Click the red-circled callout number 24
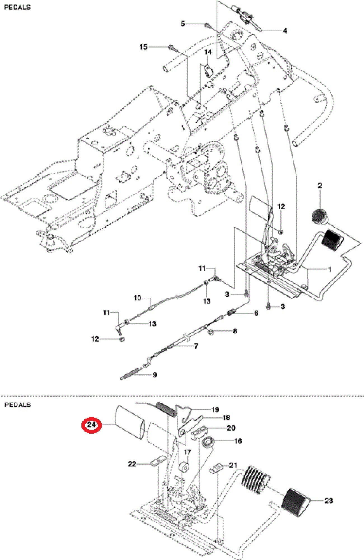click(x=91, y=425)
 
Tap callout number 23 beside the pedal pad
click(x=328, y=500)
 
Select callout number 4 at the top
click(x=285, y=31)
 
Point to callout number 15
click(x=143, y=47)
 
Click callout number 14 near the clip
click(x=208, y=52)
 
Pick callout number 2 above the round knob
click(x=320, y=185)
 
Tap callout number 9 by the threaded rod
click(x=154, y=375)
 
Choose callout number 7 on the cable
click(x=196, y=346)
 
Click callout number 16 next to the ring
click(x=238, y=441)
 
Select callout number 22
click(x=132, y=464)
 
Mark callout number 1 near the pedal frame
click(x=330, y=269)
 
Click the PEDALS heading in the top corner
click(x=17, y=7)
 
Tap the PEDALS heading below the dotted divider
click(x=18, y=405)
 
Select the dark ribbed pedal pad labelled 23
click(x=295, y=502)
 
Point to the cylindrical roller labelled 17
click(x=184, y=467)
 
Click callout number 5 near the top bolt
click(x=182, y=24)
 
